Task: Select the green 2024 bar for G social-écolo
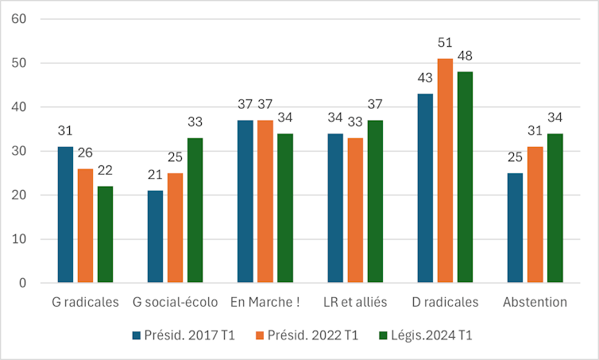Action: pyautogui.click(x=195, y=211)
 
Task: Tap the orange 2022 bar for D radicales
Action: pyautogui.click(x=445, y=171)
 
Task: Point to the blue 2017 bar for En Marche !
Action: pyautogui.click(x=245, y=202)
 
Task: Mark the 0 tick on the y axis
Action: pyautogui.click(x=23, y=284)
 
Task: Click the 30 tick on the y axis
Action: pyautogui.click(x=20, y=151)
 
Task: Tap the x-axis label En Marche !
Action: pyautogui.click(x=265, y=302)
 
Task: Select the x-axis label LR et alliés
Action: pyautogui.click(x=355, y=302)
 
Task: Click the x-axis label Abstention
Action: pyautogui.click(x=534, y=302)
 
